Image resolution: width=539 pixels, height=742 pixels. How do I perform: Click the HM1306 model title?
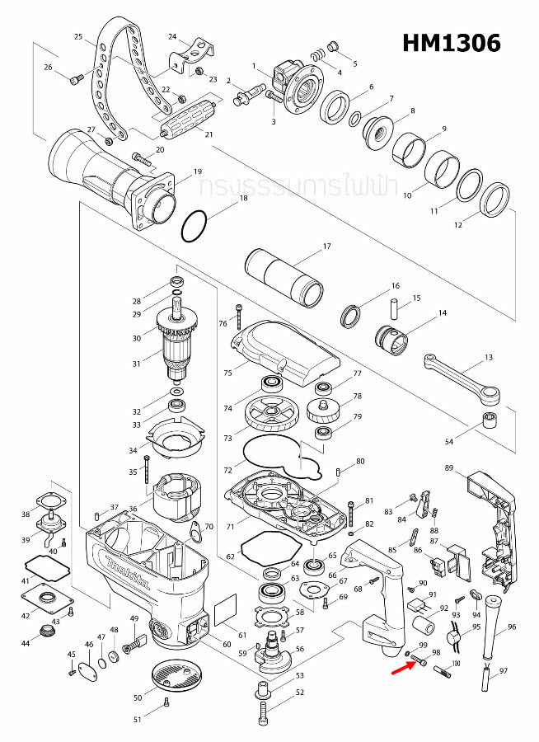tap(451, 43)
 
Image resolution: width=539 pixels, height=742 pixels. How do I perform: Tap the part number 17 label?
tap(326, 247)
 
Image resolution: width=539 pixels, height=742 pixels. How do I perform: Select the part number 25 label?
tap(78, 37)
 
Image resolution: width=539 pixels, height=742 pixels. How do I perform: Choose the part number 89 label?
tap(449, 468)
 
